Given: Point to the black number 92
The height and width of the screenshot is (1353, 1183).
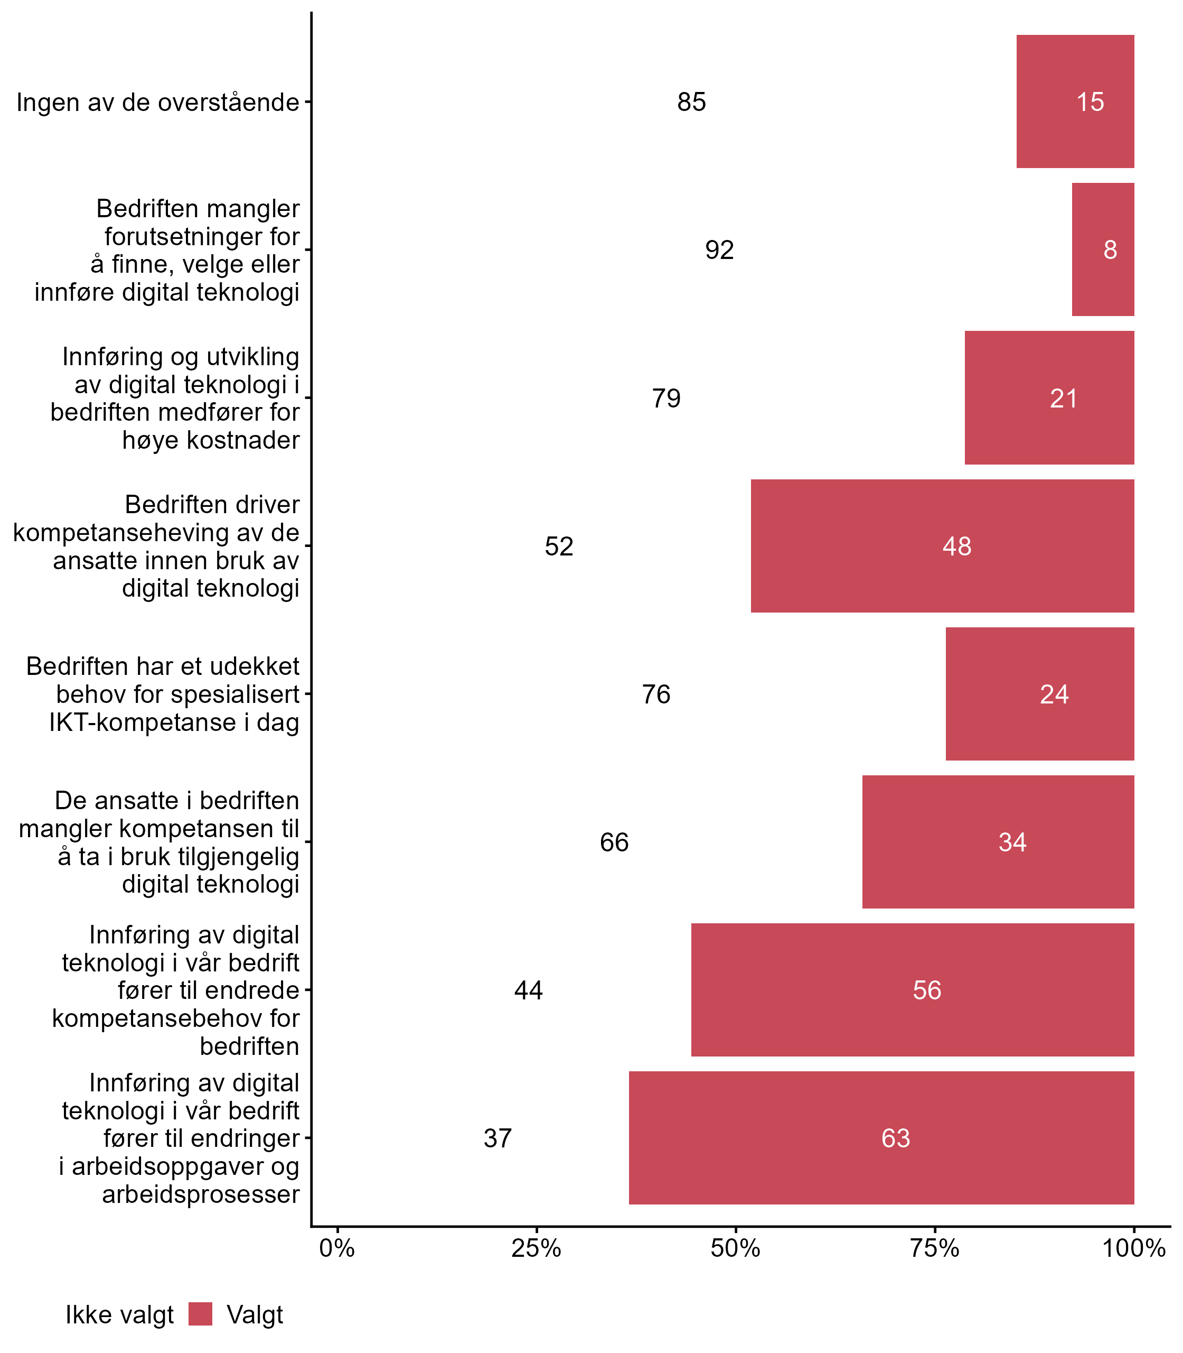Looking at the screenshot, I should (x=719, y=249).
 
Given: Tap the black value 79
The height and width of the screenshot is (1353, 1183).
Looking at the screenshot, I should (x=666, y=399).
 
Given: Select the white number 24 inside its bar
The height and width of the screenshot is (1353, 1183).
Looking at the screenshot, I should (x=1054, y=694).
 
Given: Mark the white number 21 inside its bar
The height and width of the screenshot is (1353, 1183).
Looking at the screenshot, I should (x=1064, y=399).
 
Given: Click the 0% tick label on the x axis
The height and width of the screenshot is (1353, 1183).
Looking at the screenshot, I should (x=337, y=1248).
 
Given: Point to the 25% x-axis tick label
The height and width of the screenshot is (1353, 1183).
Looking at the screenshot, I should (x=536, y=1248).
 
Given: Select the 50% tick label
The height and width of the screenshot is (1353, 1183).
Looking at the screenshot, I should (x=735, y=1248).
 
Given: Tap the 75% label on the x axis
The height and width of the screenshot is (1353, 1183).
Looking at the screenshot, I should (x=935, y=1248).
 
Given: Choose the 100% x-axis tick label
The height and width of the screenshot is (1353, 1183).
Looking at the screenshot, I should (x=1133, y=1248).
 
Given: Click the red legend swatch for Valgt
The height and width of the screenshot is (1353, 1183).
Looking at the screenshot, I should (x=200, y=1315).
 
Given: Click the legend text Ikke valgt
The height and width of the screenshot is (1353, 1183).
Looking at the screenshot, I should (x=119, y=1315).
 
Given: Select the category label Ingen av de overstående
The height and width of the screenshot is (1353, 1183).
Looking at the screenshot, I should (x=158, y=103).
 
